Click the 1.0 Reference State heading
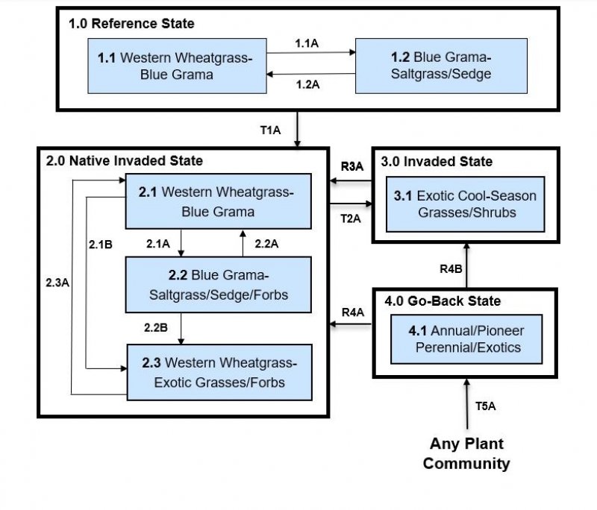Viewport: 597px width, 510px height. point(131,24)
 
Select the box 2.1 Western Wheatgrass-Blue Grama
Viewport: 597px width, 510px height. point(217,201)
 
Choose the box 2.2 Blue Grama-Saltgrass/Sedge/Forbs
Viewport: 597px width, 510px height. point(218,285)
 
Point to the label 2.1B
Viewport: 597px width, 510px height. point(100,243)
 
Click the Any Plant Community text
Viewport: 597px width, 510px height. point(466,453)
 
